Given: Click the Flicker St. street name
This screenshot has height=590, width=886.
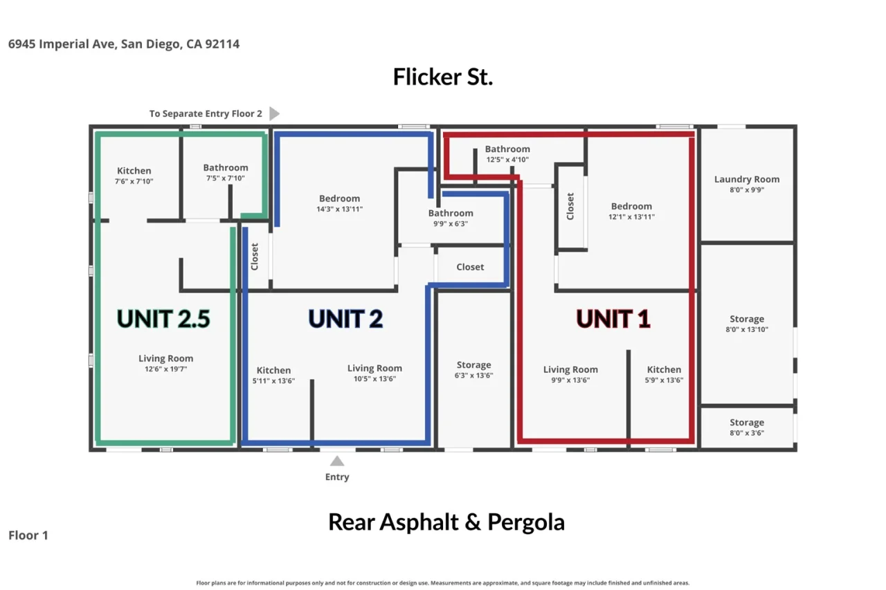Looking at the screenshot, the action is point(442,77).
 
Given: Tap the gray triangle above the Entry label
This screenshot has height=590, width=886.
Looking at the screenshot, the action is point(337,461).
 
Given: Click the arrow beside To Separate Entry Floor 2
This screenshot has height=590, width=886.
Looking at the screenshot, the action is point(274,113).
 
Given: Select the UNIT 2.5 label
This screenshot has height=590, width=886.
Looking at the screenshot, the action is point(163,318).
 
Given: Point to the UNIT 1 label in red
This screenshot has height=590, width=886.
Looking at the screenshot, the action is point(613,318).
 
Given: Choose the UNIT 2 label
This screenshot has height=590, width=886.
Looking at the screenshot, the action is point(345,318).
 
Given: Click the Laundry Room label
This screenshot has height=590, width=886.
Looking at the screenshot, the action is point(747,179).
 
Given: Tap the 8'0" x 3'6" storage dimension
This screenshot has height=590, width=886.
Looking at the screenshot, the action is point(747,433).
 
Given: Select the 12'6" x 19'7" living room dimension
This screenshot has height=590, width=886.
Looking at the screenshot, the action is point(165,369).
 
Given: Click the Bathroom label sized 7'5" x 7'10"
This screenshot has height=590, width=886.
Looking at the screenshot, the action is point(226,167).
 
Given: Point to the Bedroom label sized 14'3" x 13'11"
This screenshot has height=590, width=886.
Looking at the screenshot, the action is point(339,199).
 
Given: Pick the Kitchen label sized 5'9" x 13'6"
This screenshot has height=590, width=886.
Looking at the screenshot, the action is point(664,369).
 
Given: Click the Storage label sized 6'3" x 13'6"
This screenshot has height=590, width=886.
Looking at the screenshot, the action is point(474,365).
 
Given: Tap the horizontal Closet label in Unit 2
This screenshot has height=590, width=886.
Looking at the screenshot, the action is point(470,267).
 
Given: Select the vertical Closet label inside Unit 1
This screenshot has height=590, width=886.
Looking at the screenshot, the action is point(570,206).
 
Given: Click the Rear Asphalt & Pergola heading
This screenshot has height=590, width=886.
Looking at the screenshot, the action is point(446,522).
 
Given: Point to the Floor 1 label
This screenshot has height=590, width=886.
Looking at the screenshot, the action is point(28,535).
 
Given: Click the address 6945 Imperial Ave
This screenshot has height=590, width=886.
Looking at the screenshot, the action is point(62,44).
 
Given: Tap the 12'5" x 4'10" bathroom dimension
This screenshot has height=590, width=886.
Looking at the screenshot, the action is point(507,160).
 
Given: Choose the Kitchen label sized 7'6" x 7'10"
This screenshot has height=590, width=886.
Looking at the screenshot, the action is point(134,171).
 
